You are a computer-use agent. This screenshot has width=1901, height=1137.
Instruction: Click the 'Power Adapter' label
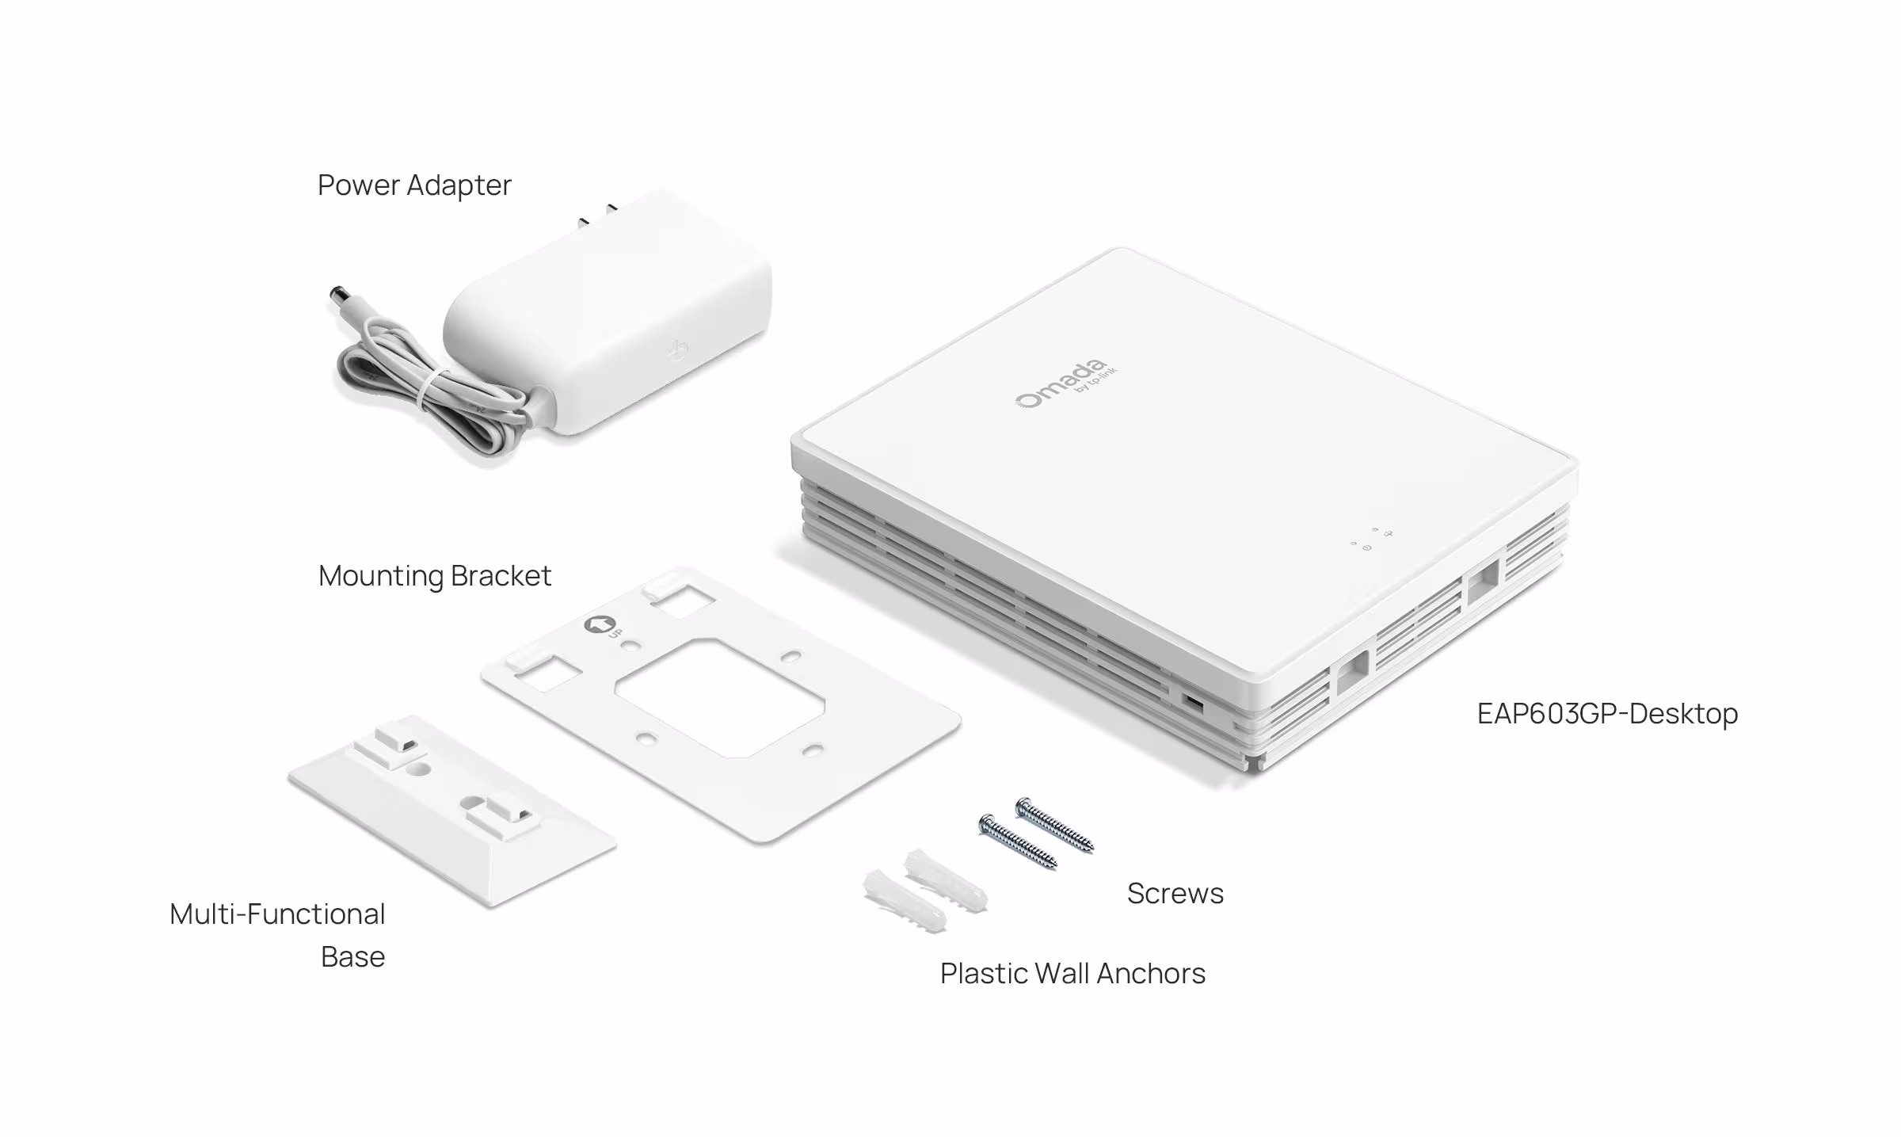pyautogui.click(x=414, y=185)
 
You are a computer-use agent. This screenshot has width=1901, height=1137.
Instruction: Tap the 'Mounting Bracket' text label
pyautogui.click(x=434, y=576)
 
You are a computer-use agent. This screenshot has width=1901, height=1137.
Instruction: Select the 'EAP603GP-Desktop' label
pyautogui.click(x=1607, y=714)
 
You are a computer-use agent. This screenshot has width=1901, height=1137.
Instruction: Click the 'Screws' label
pyautogui.click(x=1175, y=894)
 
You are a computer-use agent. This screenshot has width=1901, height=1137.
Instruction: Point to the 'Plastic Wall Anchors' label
pyautogui.click(x=1072, y=974)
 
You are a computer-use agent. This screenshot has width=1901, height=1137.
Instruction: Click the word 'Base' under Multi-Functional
pyautogui.click(x=352, y=957)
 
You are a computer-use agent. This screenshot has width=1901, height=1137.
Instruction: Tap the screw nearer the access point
pyautogui.click(x=1054, y=825)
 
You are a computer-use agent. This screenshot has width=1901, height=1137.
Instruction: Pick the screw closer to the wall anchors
pyautogui.click(x=1018, y=841)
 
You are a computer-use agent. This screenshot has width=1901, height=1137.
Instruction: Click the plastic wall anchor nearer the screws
pyautogui.click(x=946, y=879)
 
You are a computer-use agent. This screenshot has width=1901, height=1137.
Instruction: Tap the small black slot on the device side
pyautogui.click(x=1192, y=702)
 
